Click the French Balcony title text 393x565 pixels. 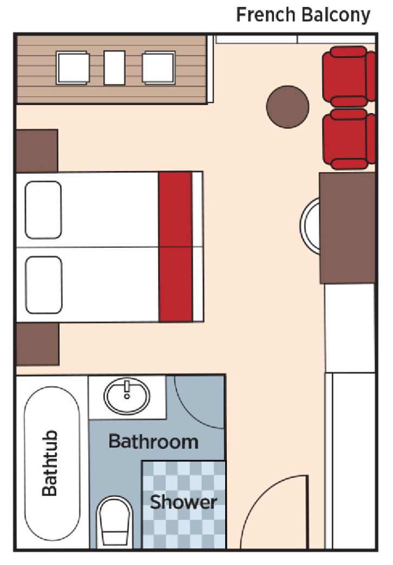coord(303,15)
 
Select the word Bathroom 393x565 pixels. coord(153,442)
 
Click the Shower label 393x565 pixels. coord(184,502)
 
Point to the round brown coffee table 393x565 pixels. coord(287,106)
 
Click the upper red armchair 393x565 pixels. coord(348,76)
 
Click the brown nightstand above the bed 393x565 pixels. coord(37,150)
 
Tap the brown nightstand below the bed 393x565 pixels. coord(37,344)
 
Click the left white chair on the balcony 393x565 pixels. coord(72,68)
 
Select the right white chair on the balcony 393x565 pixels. coord(159,68)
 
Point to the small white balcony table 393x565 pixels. coord(115,68)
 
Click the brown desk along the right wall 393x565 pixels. coord(348,228)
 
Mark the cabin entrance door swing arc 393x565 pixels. coord(271,509)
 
